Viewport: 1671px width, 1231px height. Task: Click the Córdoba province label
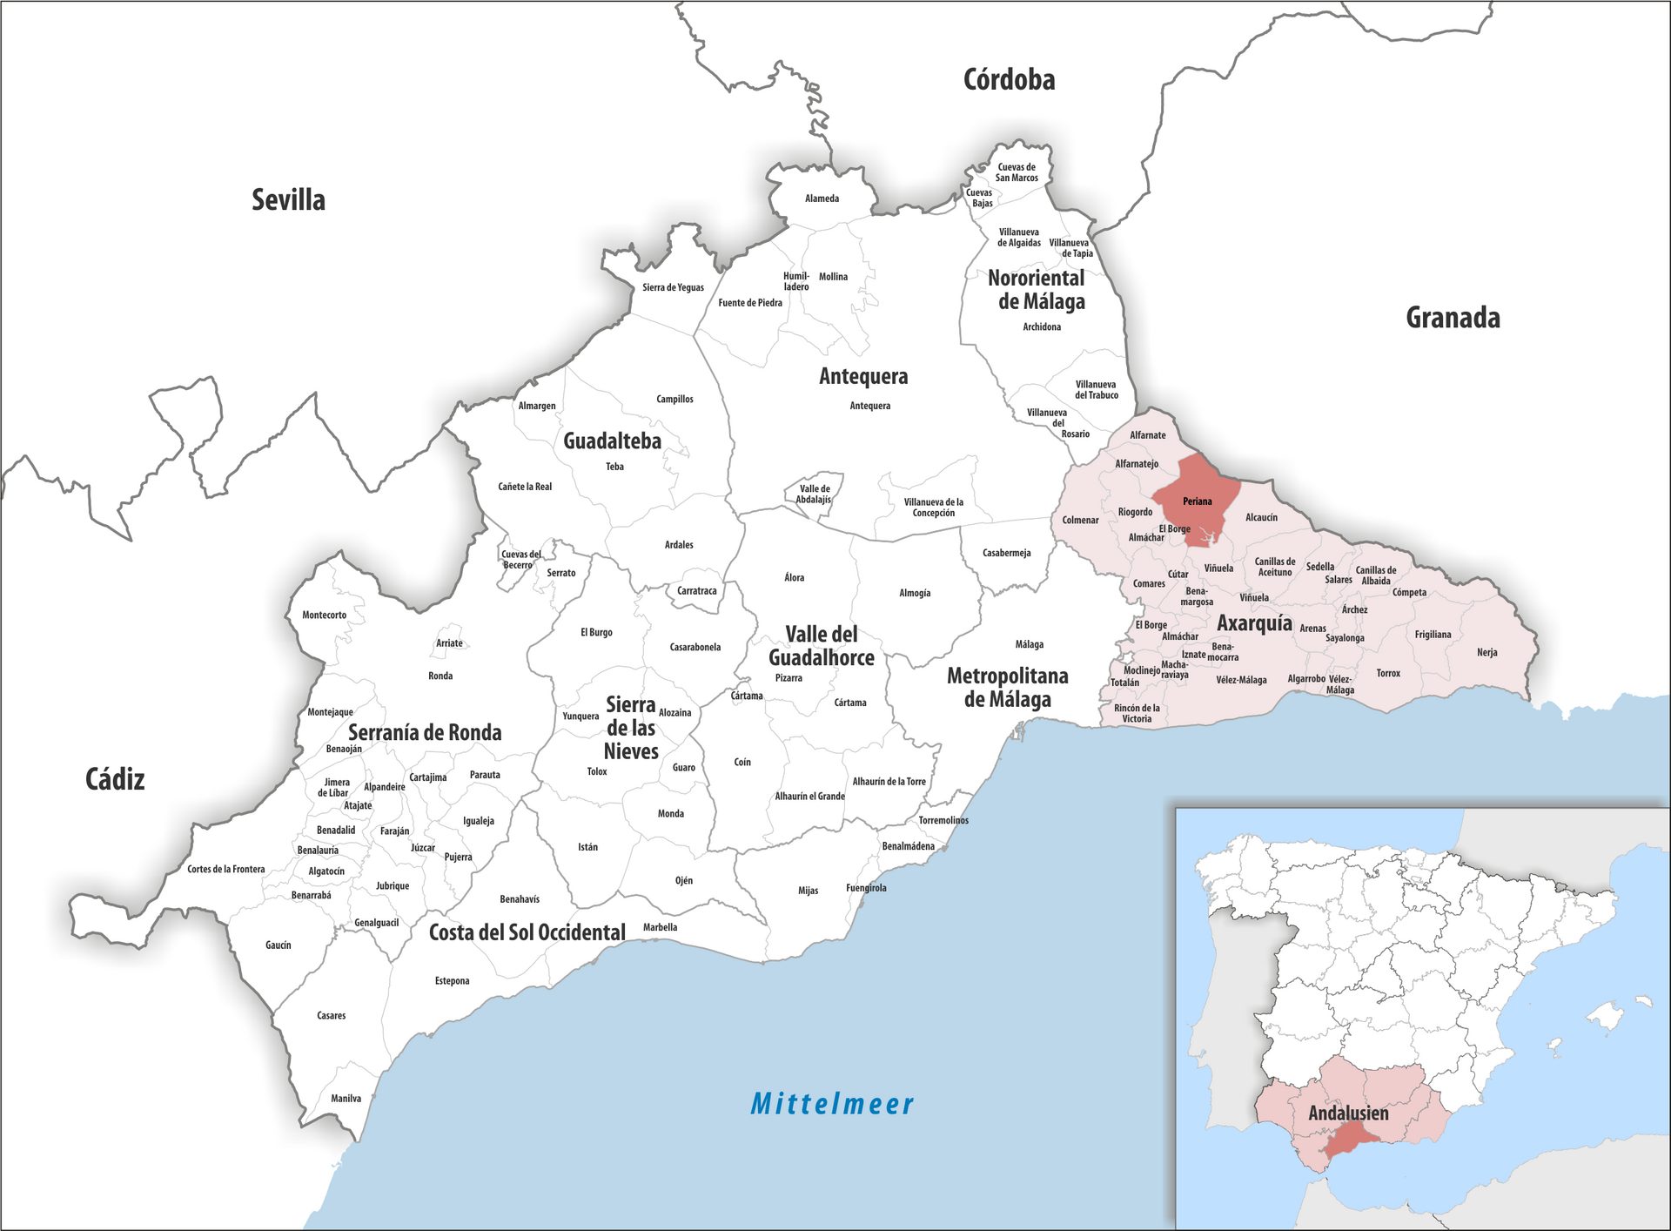pyautogui.click(x=1009, y=80)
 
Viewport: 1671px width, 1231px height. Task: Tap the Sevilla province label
pyautogui.click(x=288, y=199)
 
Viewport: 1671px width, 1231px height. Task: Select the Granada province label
pyautogui.click(x=1453, y=318)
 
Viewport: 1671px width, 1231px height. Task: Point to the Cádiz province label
pyautogui.click(x=115, y=778)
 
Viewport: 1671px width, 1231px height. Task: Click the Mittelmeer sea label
pyautogui.click(x=832, y=1104)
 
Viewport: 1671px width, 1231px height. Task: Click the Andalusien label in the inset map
pyautogui.click(x=1348, y=1113)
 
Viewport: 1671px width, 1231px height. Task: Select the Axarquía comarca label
pyautogui.click(x=1254, y=622)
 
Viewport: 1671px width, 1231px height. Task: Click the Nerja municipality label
pyautogui.click(x=1486, y=652)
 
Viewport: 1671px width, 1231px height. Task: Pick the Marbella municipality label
pyautogui.click(x=660, y=927)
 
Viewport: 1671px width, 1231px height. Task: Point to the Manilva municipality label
pyautogui.click(x=346, y=1098)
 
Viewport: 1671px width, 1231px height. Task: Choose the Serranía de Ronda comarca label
pyautogui.click(x=425, y=732)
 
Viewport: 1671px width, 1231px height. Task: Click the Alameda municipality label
pyautogui.click(x=822, y=198)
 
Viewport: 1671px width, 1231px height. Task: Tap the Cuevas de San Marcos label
pyautogui.click(x=1017, y=172)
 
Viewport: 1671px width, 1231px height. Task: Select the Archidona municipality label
pyautogui.click(x=1042, y=326)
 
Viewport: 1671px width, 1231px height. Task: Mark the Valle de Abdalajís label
pyautogui.click(x=814, y=494)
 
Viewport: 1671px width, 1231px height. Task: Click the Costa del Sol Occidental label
pyautogui.click(x=527, y=932)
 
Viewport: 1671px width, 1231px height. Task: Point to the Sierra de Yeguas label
pyautogui.click(x=673, y=287)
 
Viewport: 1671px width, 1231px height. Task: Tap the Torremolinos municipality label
pyautogui.click(x=943, y=820)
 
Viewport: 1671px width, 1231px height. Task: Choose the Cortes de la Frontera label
pyautogui.click(x=225, y=869)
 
